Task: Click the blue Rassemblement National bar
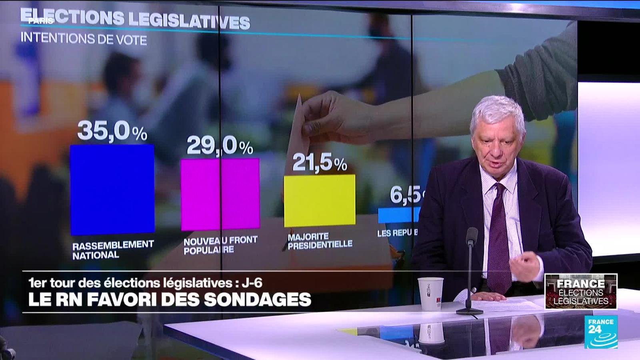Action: [x=112, y=189]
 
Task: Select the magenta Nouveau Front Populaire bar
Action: [x=220, y=194]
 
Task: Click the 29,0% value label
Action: [x=220, y=146]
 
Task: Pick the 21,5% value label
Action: [x=319, y=162]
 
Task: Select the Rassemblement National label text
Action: [x=113, y=249]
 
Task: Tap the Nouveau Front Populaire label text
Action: [x=220, y=244]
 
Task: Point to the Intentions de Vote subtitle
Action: [x=84, y=39]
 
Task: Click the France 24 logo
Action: [x=601, y=332]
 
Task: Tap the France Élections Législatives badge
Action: [x=581, y=291]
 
